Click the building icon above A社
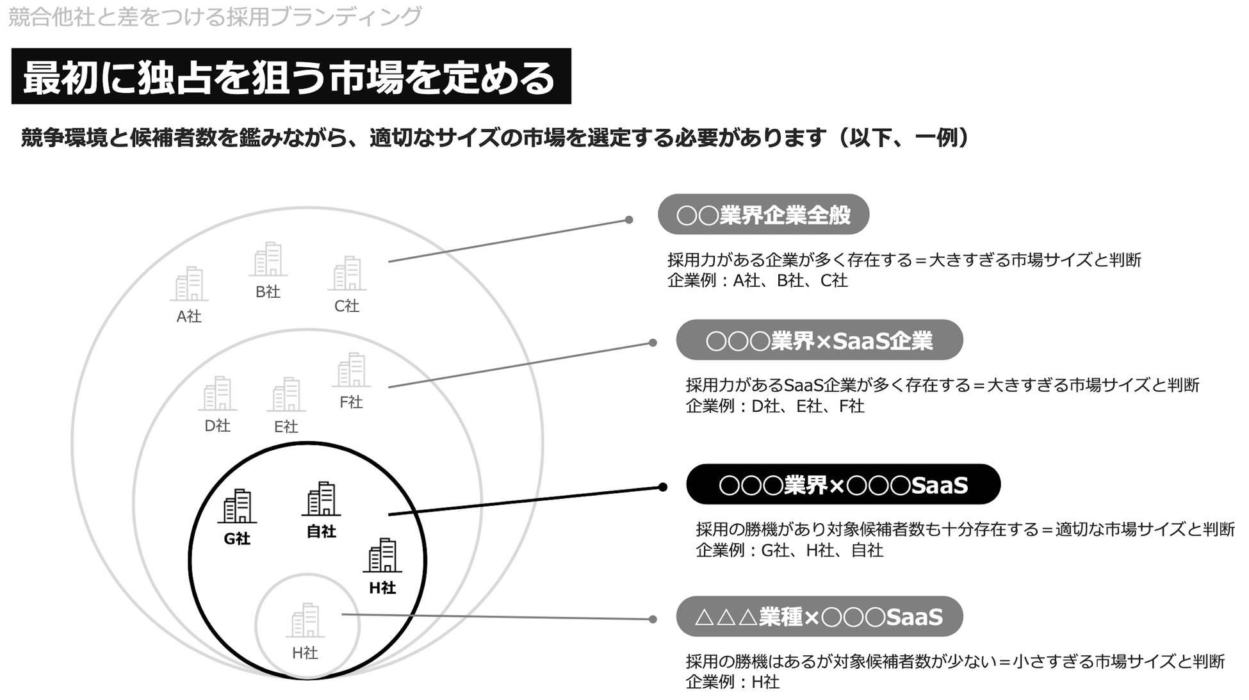click(189, 284)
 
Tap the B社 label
click(268, 292)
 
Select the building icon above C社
click(347, 273)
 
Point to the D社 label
click(217, 426)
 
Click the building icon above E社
click(286, 395)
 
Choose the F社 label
click(351, 402)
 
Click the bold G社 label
click(237, 539)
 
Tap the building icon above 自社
click(321, 499)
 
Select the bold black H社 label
click(382, 588)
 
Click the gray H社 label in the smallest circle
click(305, 653)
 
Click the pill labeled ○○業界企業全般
click(763, 215)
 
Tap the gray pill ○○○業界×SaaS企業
click(819, 340)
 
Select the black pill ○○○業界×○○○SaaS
click(843, 485)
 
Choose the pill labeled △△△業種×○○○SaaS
click(819, 617)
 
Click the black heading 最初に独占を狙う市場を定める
click(291, 77)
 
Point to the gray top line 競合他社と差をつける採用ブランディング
click(215, 17)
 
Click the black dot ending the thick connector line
click(662, 487)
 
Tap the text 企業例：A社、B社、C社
click(757, 281)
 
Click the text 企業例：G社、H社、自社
click(789, 551)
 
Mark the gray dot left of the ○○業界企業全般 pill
click(629, 220)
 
